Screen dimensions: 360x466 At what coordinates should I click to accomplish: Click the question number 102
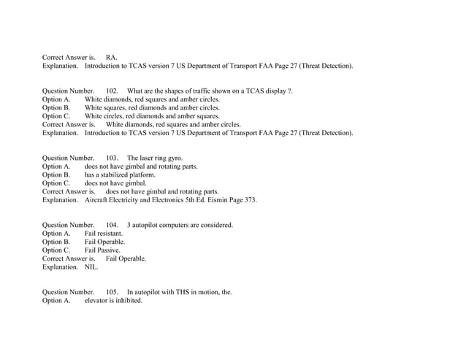pos(112,91)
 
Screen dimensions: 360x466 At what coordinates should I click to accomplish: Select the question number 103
pos(112,158)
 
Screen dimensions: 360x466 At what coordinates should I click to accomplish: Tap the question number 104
pos(112,225)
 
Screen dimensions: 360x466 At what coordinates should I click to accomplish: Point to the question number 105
pos(112,292)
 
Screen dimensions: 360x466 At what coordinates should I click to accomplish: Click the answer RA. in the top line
pos(112,57)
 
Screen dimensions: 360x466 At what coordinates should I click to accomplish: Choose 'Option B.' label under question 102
pos(56,107)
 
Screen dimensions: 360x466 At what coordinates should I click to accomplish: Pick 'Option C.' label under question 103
pos(56,183)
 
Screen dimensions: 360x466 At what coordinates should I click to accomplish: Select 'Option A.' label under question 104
pos(56,234)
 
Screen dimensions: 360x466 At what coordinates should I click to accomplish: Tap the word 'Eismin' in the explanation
pos(213,200)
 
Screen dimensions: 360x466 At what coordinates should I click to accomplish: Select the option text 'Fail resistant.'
pos(103,234)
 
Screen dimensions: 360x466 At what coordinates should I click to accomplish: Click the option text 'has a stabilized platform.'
pos(120,175)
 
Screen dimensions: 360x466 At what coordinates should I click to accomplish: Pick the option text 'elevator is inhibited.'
pos(113,301)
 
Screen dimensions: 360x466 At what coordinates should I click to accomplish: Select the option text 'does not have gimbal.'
pos(115,183)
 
